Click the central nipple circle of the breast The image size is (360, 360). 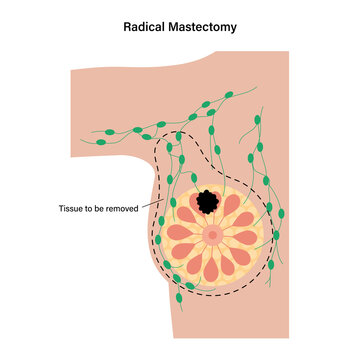[212, 236]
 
